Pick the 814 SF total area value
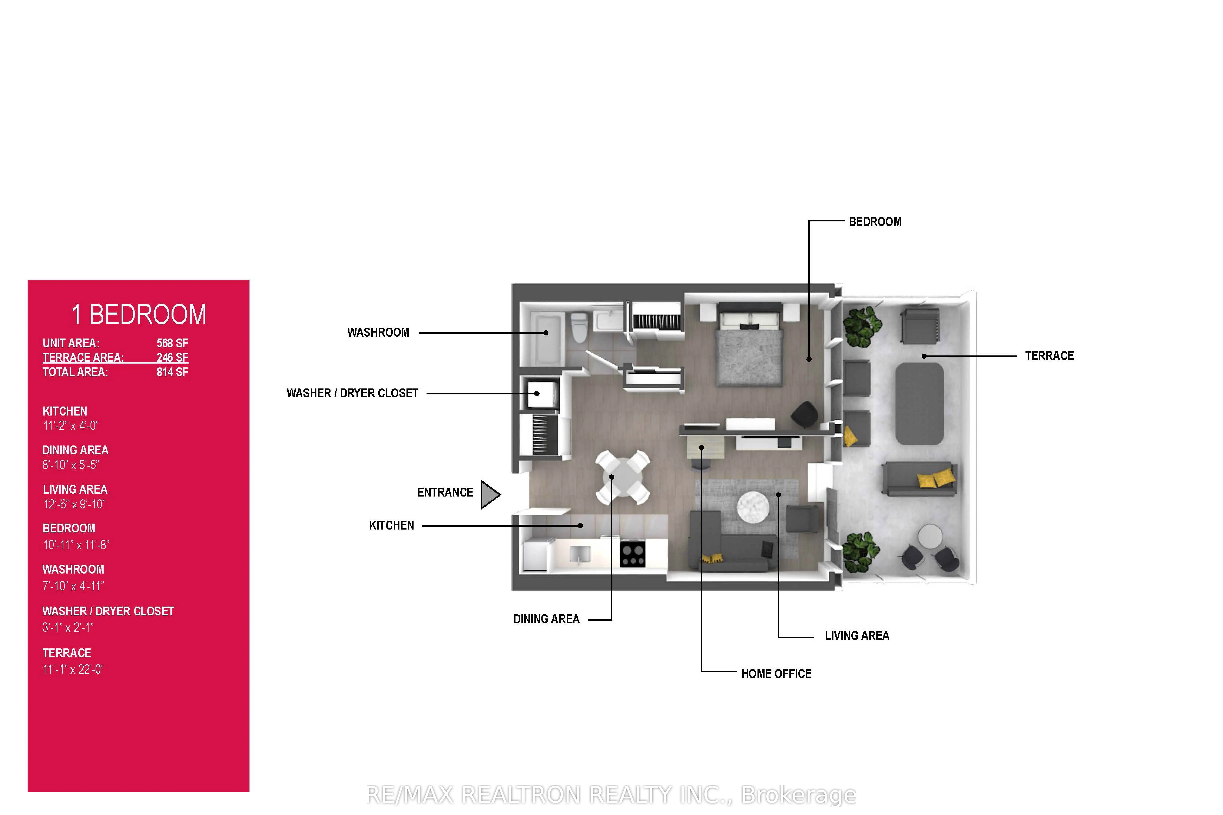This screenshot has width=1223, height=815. pyautogui.click(x=172, y=372)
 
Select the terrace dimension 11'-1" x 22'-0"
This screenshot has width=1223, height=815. pyautogui.click(x=73, y=670)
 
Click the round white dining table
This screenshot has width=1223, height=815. pyautogui.click(x=622, y=477)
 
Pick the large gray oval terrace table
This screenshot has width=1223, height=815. pyautogui.click(x=919, y=403)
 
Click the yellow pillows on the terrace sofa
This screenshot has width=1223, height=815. pyautogui.click(x=935, y=479)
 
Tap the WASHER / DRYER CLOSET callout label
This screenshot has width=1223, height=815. pyautogui.click(x=352, y=394)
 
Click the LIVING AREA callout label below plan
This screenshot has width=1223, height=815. pyautogui.click(x=856, y=636)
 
